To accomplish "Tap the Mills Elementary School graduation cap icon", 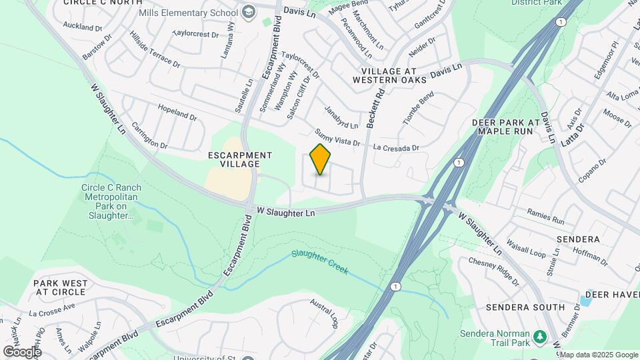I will click(249, 12).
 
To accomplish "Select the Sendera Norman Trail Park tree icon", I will click(541, 335).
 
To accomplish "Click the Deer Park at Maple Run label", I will click(505, 127).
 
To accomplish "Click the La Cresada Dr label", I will click(396, 147).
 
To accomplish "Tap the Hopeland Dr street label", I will click(177, 112).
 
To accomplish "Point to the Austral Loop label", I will click(324, 313).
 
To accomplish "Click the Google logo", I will click(22, 351).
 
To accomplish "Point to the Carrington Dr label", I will click(149, 135).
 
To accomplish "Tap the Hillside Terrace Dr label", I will click(155, 49).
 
